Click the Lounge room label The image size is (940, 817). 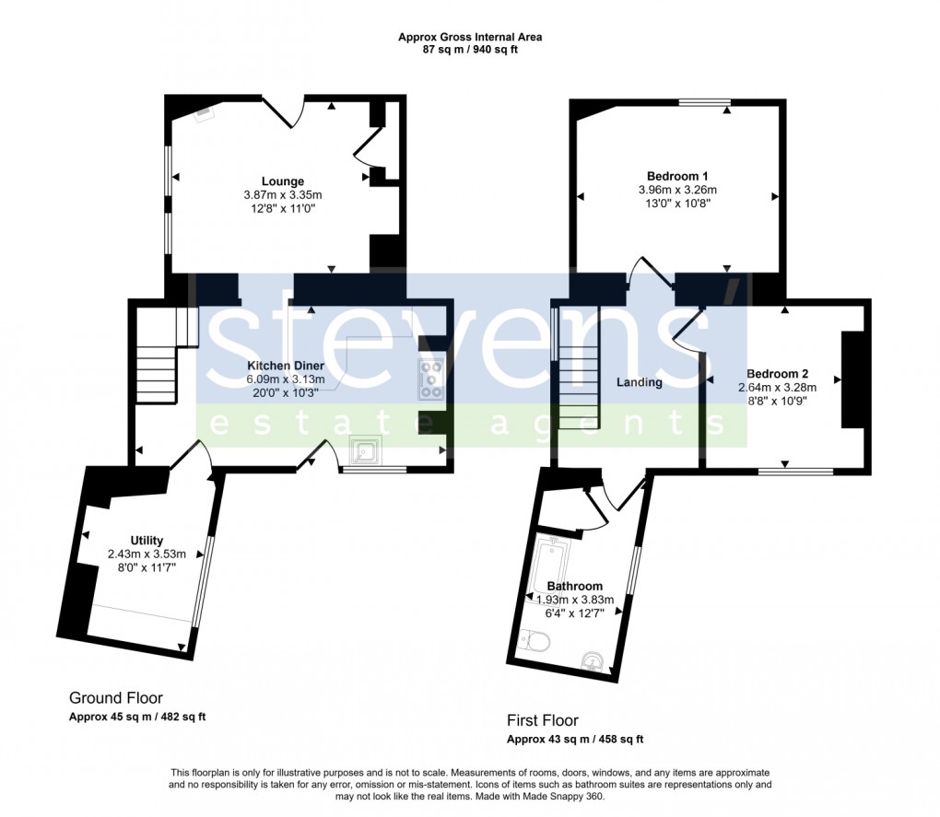point(282,181)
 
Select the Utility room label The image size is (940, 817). point(147,541)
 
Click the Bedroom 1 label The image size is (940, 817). point(677,176)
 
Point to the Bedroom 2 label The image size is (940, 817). point(778,374)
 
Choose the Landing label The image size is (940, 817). point(640,382)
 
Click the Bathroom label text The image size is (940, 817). point(574,587)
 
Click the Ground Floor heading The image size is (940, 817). point(116,698)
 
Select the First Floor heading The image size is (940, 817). point(543,720)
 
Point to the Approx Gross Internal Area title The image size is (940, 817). point(470,37)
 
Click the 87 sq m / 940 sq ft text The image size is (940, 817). point(470,50)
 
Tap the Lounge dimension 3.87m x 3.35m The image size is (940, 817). point(282,195)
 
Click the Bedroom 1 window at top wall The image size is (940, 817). point(705,101)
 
